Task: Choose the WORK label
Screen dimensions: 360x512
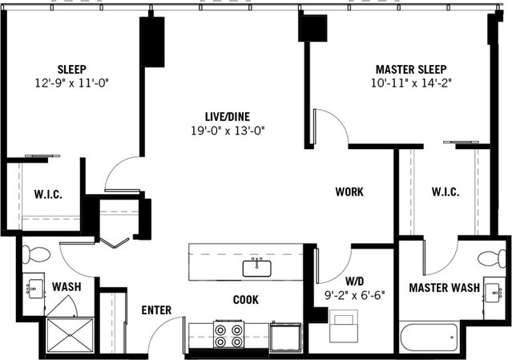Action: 349,192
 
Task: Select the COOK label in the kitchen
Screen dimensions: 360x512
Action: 245,300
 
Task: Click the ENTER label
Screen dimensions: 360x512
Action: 156,310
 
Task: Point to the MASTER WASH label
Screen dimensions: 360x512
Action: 444,288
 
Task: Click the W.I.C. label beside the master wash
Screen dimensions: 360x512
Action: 445,192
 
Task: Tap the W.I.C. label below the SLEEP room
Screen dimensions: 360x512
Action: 47,195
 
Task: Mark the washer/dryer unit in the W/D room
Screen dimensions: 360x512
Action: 345,330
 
